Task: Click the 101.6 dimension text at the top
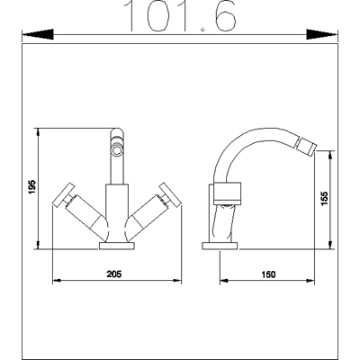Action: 180,15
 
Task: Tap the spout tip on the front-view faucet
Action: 115,145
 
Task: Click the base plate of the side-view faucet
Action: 220,245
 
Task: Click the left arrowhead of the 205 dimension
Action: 58,279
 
